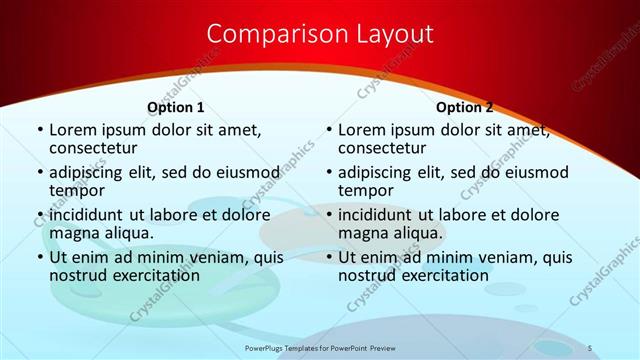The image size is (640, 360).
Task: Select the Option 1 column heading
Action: [x=176, y=107]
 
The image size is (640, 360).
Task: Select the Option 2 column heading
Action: [x=464, y=107]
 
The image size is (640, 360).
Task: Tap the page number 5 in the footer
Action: [x=590, y=347]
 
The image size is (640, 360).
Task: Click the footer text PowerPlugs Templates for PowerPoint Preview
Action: [x=319, y=347]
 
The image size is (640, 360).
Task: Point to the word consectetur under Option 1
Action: [x=93, y=148]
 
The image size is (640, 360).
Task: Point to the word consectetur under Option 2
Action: [x=382, y=148]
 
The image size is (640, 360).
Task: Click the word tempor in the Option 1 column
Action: [x=77, y=190]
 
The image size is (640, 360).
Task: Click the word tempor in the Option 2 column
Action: [x=366, y=190]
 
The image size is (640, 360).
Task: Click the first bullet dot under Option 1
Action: [x=39, y=130]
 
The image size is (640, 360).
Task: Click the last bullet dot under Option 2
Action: [x=328, y=257]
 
